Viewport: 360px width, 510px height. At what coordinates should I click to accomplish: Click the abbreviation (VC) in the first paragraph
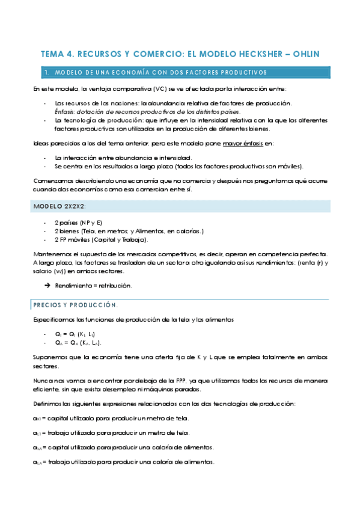pos(159,90)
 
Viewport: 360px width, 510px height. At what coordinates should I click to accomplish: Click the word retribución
pos(117,285)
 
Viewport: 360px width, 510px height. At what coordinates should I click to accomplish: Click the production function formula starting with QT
pos(75,334)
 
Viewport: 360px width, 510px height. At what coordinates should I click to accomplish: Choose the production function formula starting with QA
pos(78,342)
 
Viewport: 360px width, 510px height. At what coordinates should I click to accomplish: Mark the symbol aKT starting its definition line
pos(37,418)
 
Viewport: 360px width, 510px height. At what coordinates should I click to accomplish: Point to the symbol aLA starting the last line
pos(37,462)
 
